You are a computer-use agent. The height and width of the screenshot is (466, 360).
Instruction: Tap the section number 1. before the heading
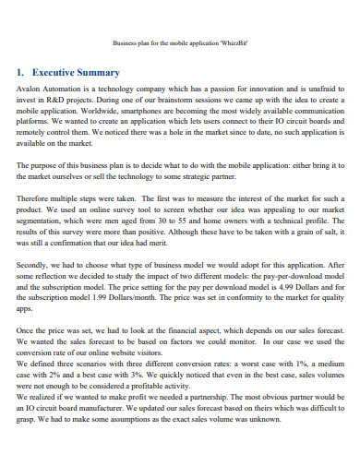point(20,72)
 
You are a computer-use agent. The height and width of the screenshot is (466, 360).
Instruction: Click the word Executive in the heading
point(58,72)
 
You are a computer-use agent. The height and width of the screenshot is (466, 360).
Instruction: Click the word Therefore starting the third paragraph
point(35,198)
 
